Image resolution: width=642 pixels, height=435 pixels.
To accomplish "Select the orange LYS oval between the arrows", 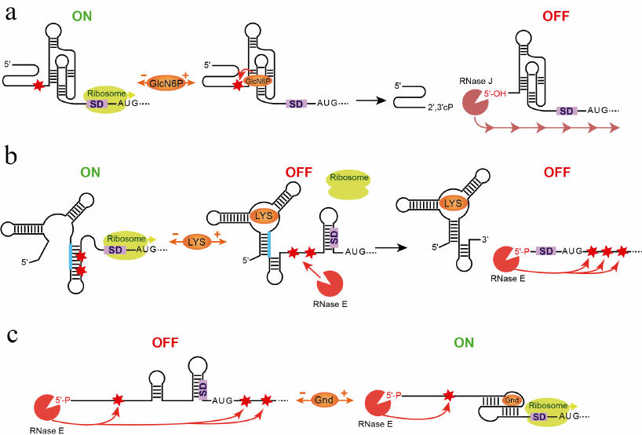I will (196, 243).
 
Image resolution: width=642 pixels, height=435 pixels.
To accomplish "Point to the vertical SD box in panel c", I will (202, 387).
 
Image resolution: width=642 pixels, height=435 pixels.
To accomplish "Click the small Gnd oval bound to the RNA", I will (511, 400).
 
